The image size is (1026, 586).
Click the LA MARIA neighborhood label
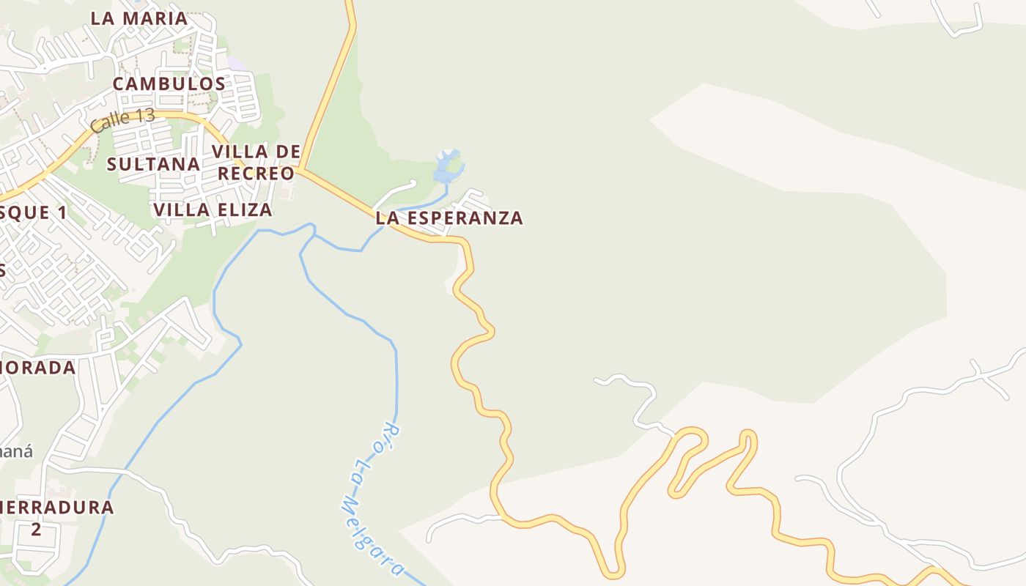[x=139, y=18]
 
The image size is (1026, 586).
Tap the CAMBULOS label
[x=169, y=84]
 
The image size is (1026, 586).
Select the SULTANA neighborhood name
[x=154, y=164]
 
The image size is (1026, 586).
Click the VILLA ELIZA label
[x=213, y=210]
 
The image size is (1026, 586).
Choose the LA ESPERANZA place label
[x=449, y=218]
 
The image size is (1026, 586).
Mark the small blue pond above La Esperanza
[x=446, y=167]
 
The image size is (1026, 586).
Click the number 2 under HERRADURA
[x=36, y=529]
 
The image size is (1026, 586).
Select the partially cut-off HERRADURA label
[x=57, y=507]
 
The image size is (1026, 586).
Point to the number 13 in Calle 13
[x=141, y=117]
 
